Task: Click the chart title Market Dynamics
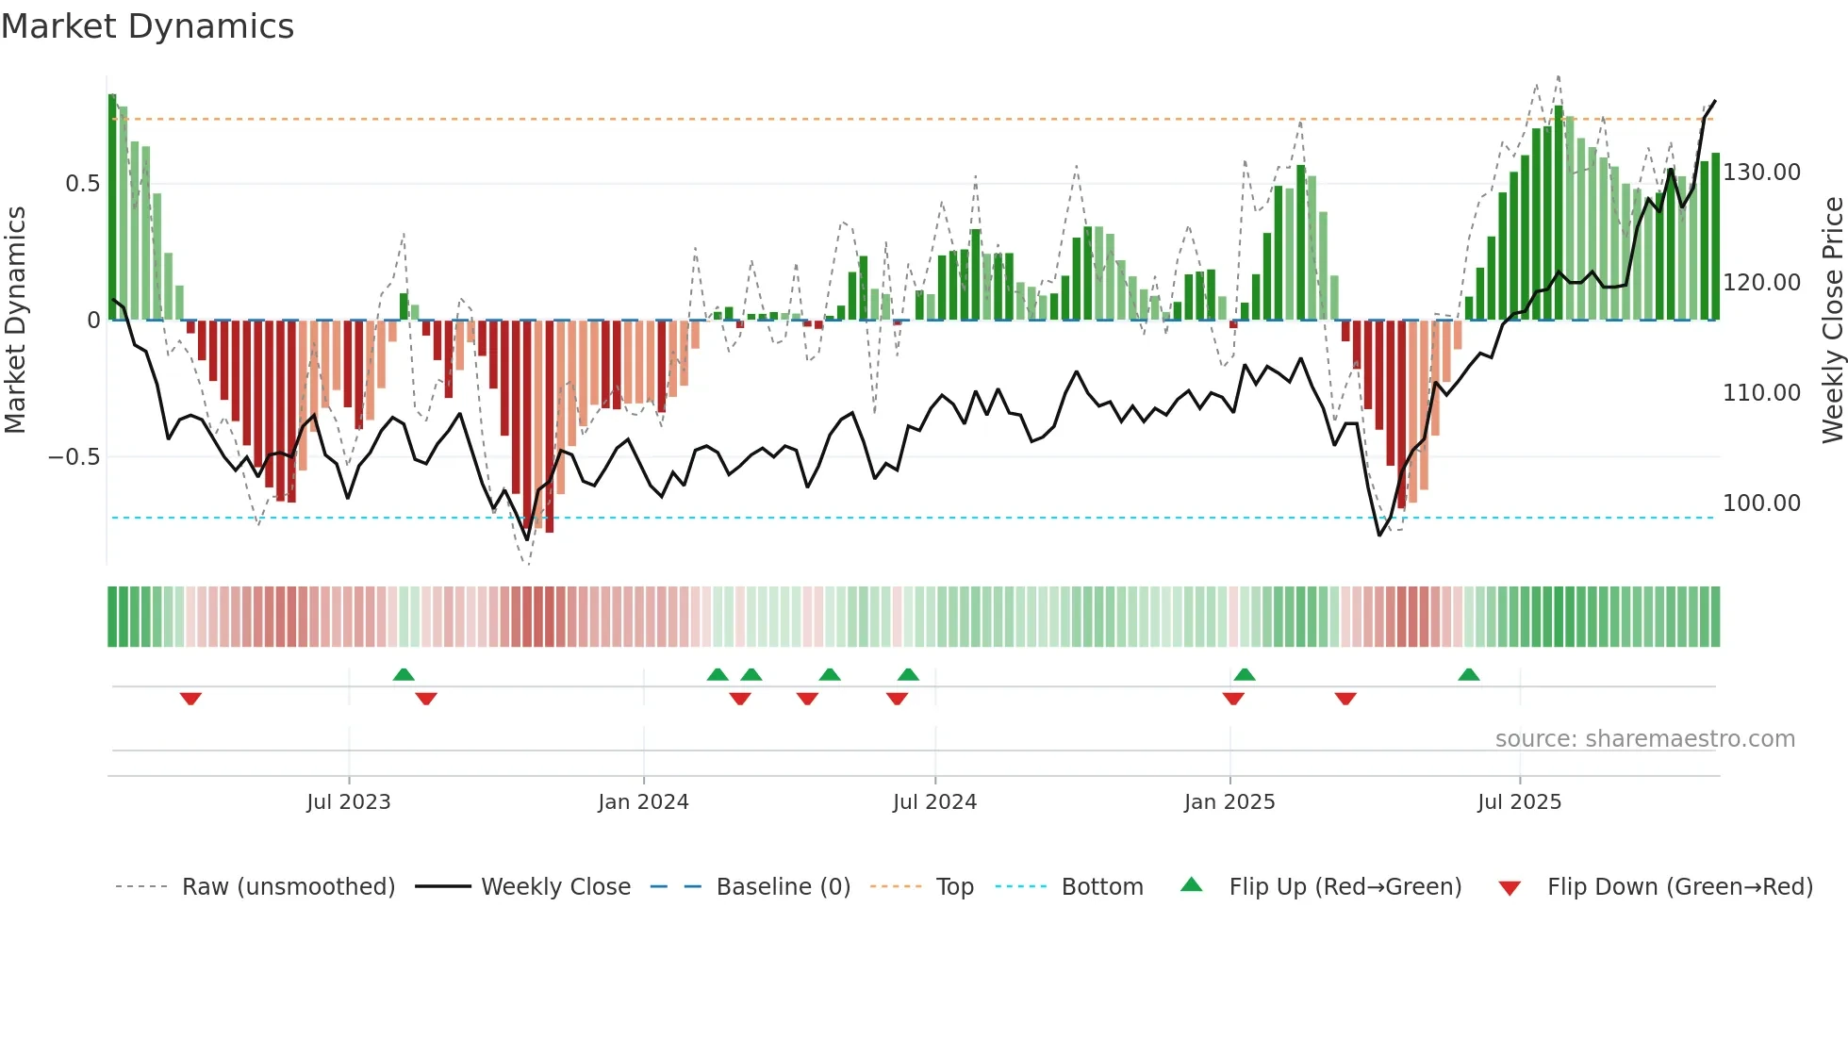click(x=147, y=26)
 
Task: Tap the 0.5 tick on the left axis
click(x=82, y=184)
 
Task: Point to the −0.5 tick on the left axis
click(x=74, y=457)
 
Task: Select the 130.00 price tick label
click(x=1761, y=173)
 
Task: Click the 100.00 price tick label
click(x=1761, y=503)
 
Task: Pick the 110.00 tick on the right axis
click(x=1761, y=393)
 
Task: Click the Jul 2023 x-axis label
click(x=348, y=802)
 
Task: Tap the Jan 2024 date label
click(x=643, y=802)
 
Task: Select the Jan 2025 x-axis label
click(x=1229, y=802)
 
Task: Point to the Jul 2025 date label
click(x=1519, y=802)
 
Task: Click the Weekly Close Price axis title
click(x=1832, y=320)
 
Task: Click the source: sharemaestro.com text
click(x=1644, y=739)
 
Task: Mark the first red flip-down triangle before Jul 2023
click(x=190, y=699)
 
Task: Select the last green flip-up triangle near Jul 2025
click(x=1468, y=674)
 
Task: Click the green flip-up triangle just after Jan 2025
click(x=1244, y=674)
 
